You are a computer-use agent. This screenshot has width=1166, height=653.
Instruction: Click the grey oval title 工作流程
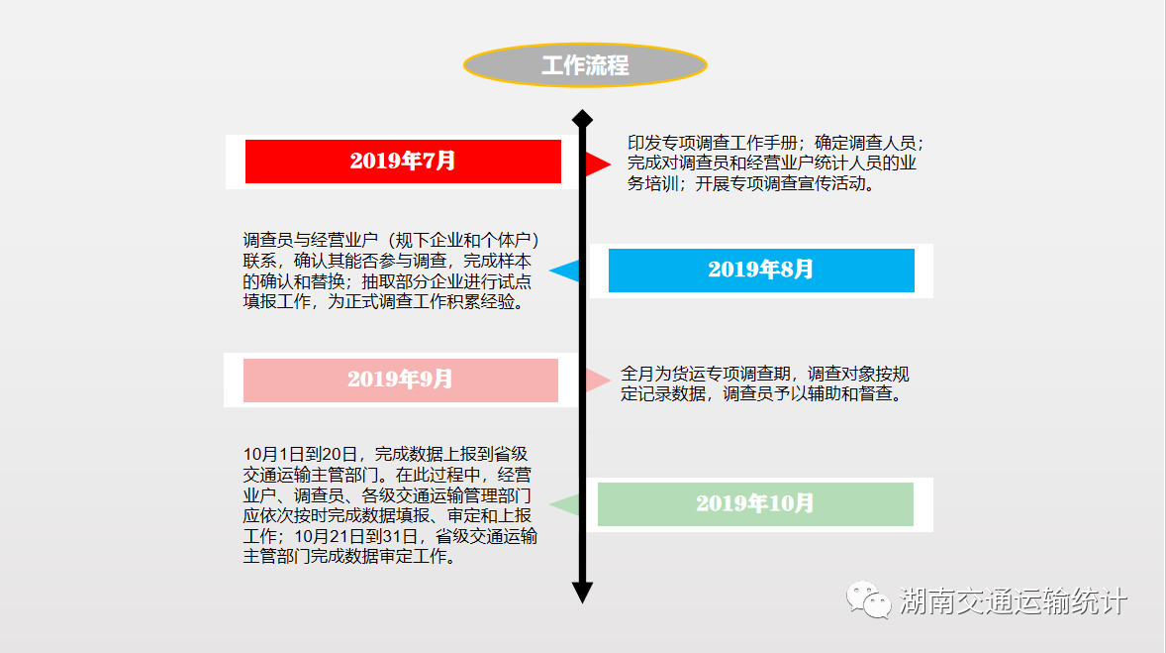tap(585, 65)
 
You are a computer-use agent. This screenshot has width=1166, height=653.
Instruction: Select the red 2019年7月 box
tap(403, 161)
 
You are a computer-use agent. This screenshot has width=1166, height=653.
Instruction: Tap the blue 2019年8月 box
tap(761, 270)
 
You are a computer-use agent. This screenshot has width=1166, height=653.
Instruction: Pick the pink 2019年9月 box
tap(401, 380)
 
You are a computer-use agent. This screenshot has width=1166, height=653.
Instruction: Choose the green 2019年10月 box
tap(755, 504)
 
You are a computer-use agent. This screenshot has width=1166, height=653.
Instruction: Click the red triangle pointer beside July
tap(597, 163)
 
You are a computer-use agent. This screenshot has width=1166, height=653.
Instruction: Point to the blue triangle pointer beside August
tap(566, 271)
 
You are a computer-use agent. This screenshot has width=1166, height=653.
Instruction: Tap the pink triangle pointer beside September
tap(597, 380)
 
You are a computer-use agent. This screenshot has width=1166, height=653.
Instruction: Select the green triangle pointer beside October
tap(566, 504)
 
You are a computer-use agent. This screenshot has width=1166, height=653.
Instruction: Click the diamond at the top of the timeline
tap(582, 119)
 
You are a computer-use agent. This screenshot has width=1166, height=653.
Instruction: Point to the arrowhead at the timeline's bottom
tap(582, 592)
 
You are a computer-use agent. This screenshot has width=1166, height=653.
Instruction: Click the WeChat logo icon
tap(868, 600)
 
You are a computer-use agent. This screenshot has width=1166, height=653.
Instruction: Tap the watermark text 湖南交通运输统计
tap(1014, 600)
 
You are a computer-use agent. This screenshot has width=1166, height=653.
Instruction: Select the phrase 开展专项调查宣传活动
tap(781, 183)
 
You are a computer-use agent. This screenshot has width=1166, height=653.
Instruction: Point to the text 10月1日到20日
tap(301, 454)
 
